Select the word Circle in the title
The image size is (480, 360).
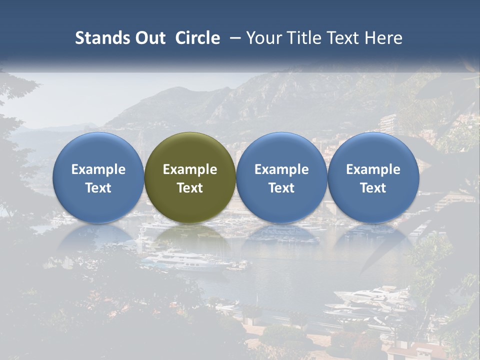coord(197,38)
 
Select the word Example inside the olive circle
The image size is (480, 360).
coord(190,169)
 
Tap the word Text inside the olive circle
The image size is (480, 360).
coord(190,188)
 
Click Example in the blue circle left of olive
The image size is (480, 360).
coord(98,169)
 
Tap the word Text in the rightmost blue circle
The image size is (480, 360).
coord(373,188)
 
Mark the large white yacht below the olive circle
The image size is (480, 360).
coord(185,261)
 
